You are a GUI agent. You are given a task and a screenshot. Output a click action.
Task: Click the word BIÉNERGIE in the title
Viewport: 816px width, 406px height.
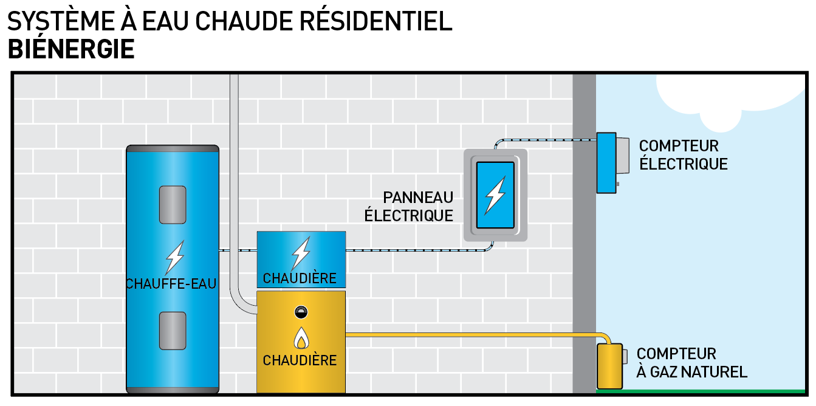pos(71,49)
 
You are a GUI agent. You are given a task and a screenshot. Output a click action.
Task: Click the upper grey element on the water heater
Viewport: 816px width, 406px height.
pos(173,204)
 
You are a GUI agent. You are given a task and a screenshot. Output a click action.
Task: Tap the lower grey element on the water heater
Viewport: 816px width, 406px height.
pos(173,330)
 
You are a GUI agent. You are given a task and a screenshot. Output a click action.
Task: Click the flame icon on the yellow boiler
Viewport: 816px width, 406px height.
pos(300,337)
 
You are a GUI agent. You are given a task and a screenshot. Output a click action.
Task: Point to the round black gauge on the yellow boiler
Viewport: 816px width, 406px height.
pos(300,312)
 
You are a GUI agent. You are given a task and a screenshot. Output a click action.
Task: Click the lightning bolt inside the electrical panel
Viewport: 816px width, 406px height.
pos(495,194)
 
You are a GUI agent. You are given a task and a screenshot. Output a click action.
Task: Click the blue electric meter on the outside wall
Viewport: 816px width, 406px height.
pos(607,162)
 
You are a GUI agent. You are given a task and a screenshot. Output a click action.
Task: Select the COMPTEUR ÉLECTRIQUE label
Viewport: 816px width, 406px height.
pos(683,155)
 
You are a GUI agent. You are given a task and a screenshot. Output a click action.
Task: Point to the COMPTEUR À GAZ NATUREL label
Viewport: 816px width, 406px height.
pos(691,363)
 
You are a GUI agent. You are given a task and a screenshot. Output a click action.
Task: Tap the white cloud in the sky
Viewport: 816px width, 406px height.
pos(729,91)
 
